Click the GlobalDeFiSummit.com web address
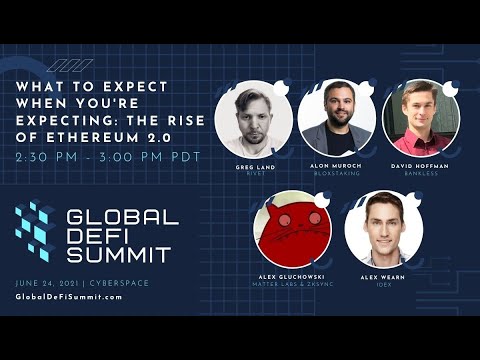(69, 297)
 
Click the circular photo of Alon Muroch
(336, 118)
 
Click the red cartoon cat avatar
(293, 229)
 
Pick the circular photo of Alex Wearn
(383, 229)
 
